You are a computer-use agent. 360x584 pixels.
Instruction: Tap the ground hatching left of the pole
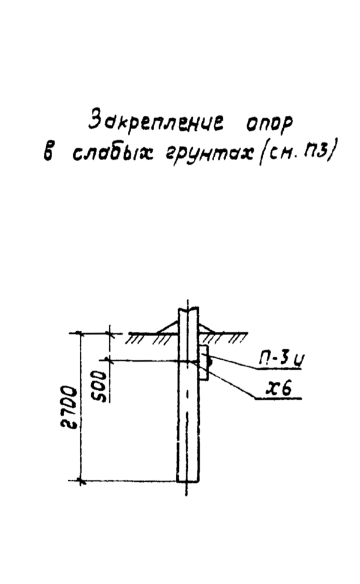(x=147, y=339)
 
